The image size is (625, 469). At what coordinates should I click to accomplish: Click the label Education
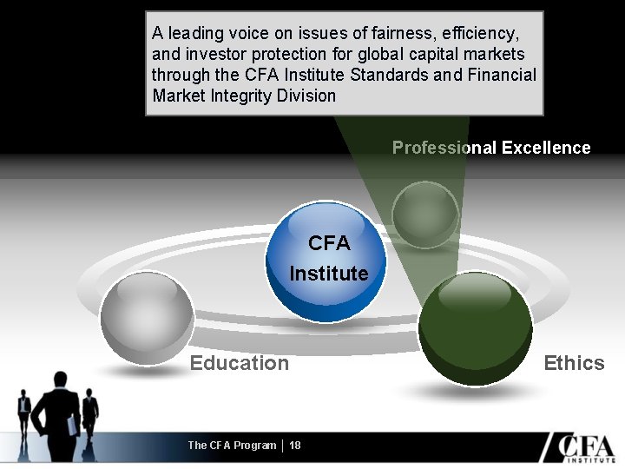point(240,363)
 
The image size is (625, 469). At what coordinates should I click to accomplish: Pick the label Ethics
point(574,363)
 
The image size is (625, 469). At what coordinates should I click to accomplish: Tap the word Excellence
point(545,148)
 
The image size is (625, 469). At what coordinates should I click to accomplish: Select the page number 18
point(295,445)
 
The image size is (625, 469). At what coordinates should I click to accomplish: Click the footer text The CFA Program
point(232,445)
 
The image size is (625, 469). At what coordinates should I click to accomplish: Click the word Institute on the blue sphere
point(329,274)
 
